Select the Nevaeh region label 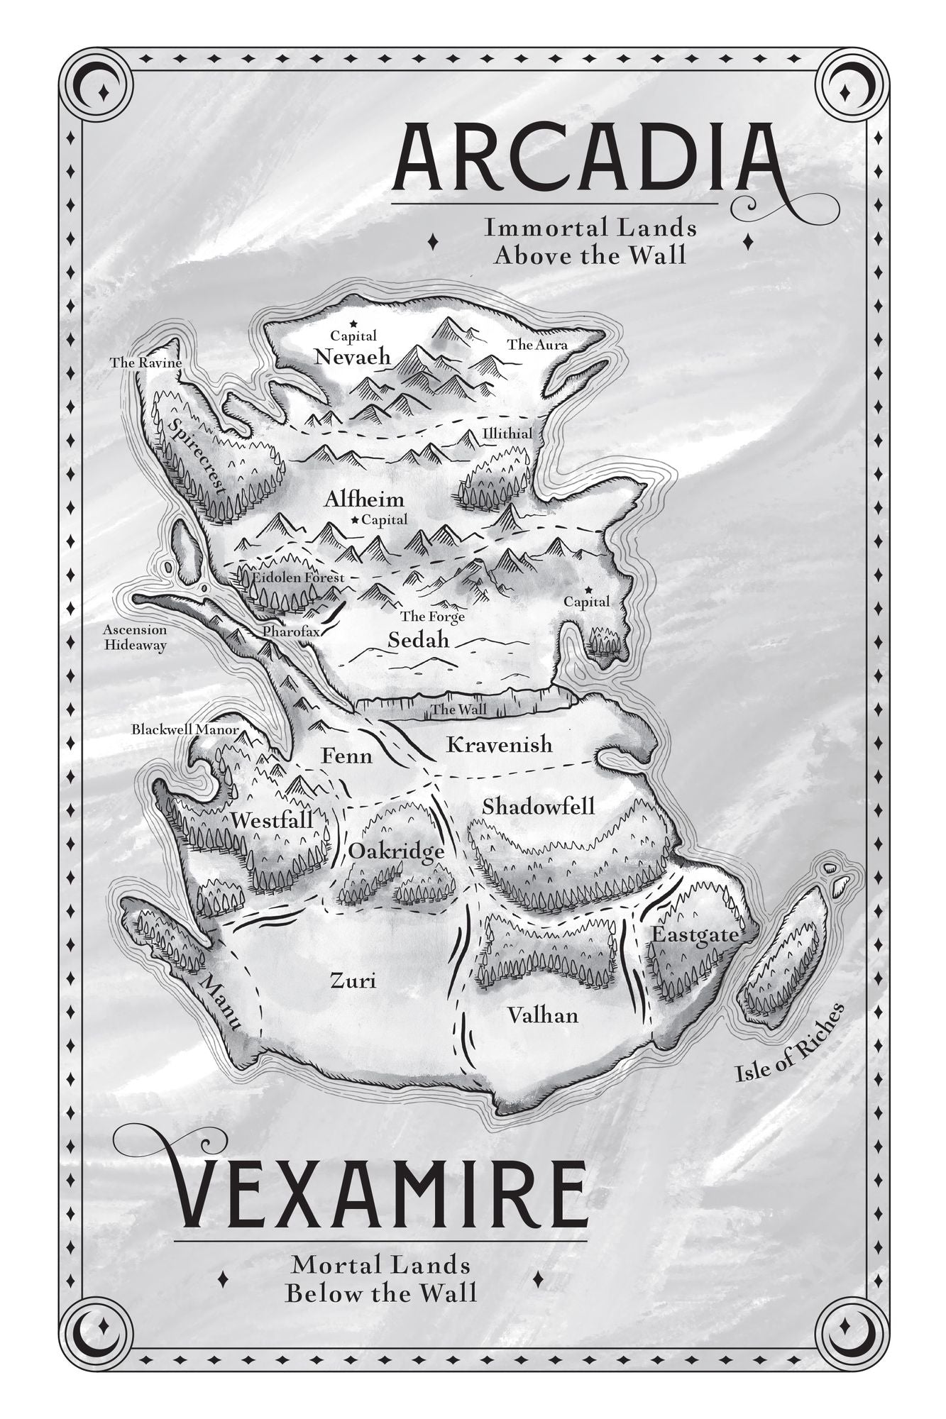(353, 357)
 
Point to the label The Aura (537, 345)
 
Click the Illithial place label (507, 434)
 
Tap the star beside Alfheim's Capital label (355, 520)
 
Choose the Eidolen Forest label (297, 578)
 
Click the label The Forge (432, 617)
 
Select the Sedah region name (419, 640)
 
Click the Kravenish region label (499, 744)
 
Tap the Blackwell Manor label (185, 729)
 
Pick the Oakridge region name (396, 851)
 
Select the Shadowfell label (538, 807)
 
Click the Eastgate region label (695, 935)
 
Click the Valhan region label (542, 1015)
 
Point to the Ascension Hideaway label (135, 637)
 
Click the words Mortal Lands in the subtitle (381, 1265)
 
